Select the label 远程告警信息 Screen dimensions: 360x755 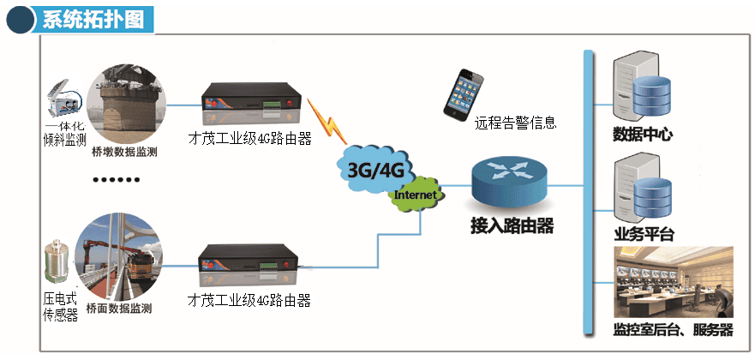tap(516, 123)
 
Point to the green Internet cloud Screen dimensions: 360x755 tap(416, 195)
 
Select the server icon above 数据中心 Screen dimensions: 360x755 tap(640, 89)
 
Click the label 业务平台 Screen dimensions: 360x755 tap(644, 235)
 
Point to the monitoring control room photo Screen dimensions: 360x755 tap(674, 283)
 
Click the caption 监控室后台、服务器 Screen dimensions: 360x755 tap(674, 330)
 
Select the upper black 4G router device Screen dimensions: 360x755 tap(249, 104)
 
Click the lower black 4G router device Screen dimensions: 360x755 tap(249, 267)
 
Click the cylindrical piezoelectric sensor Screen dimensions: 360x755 tap(58, 265)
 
